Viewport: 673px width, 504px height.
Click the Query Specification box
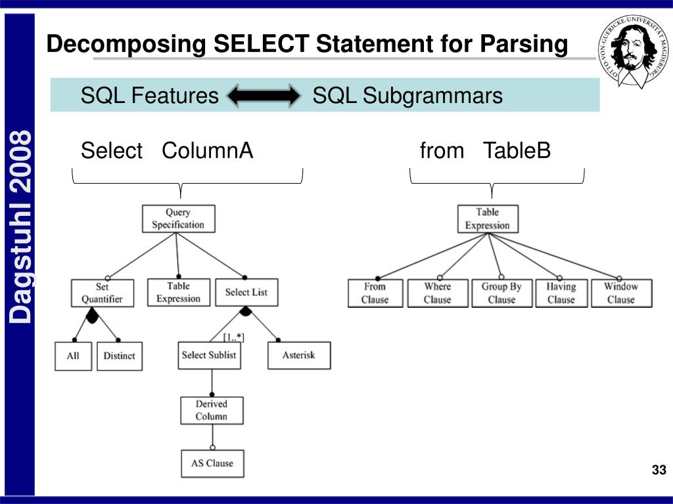click(178, 219)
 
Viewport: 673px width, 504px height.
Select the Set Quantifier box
click(102, 293)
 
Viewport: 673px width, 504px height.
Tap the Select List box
click(246, 292)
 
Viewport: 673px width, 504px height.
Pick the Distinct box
click(119, 356)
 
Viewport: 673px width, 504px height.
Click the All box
click(73, 356)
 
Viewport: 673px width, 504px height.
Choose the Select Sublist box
click(209, 355)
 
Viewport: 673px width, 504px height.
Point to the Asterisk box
click(298, 355)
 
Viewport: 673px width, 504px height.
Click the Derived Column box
click(212, 410)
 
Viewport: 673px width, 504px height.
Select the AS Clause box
click(212, 463)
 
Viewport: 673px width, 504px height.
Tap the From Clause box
click(375, 293)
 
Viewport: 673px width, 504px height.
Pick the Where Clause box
click(437, 293)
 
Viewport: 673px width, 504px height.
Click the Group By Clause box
click(501, 293)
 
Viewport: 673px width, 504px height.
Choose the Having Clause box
click(561, 293)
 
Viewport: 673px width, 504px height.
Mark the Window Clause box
click(620, 293)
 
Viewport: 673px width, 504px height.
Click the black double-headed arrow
click(263, 96)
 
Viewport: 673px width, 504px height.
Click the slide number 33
click(659, 470)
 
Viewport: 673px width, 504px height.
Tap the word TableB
click(517, 151)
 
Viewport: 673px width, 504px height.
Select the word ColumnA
click(207, 151)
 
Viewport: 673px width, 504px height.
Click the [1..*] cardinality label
click(233, 337)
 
